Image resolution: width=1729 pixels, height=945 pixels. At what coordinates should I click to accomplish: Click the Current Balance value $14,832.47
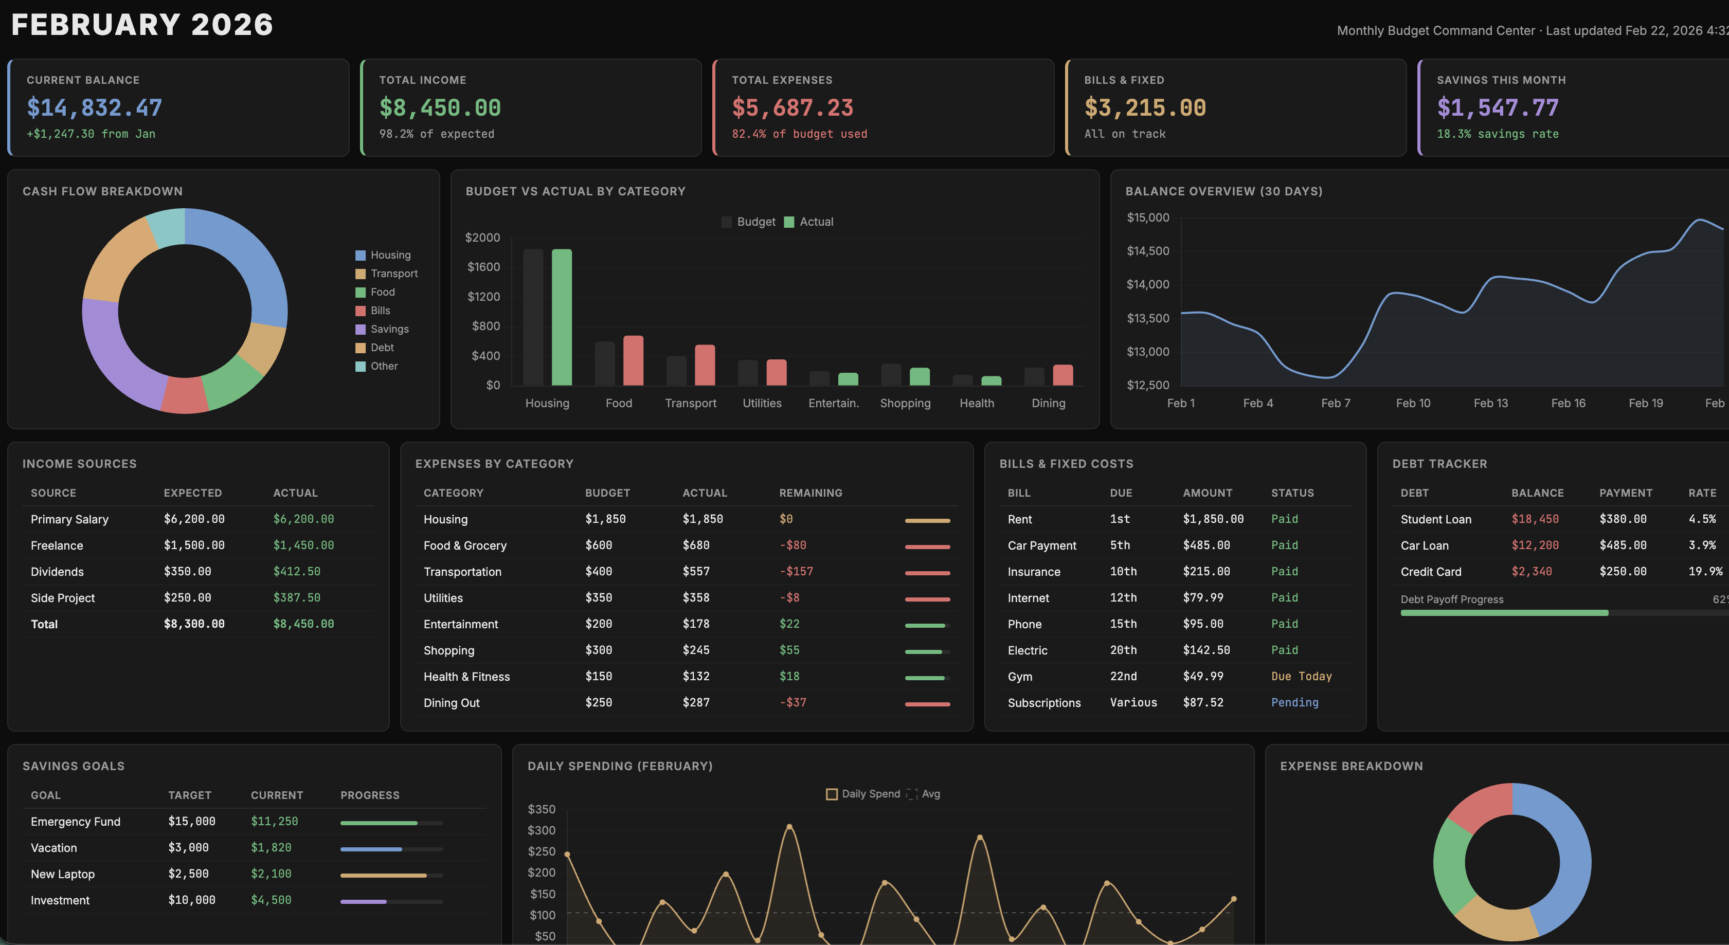94,108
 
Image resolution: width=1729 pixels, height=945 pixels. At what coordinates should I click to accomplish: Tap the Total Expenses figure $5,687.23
792,108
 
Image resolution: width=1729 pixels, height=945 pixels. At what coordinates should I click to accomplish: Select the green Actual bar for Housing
561,317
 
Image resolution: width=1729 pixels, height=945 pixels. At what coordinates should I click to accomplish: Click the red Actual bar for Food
633,360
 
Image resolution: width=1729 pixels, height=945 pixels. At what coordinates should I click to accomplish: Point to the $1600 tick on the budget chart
483,267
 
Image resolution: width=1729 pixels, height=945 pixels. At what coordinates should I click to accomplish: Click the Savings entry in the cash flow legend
389,329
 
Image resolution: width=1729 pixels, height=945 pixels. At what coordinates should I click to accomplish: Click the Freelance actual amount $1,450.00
303,545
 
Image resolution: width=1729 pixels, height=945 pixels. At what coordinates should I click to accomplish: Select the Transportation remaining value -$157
796,571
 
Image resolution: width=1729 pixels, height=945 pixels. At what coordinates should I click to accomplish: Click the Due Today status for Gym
1301,676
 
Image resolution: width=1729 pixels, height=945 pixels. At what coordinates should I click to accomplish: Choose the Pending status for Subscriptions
1294,702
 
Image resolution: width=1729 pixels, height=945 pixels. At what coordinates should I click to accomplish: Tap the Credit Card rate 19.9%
1705,571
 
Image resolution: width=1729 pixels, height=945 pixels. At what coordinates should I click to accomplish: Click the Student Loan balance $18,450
1535,519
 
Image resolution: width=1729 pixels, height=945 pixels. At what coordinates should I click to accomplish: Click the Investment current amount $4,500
271,900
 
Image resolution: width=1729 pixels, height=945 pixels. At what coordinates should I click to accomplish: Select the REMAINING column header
810,493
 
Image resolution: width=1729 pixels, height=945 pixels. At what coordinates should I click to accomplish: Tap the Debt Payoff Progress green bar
1503,613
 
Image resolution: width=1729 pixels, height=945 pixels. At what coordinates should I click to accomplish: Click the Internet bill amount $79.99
1203,597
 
